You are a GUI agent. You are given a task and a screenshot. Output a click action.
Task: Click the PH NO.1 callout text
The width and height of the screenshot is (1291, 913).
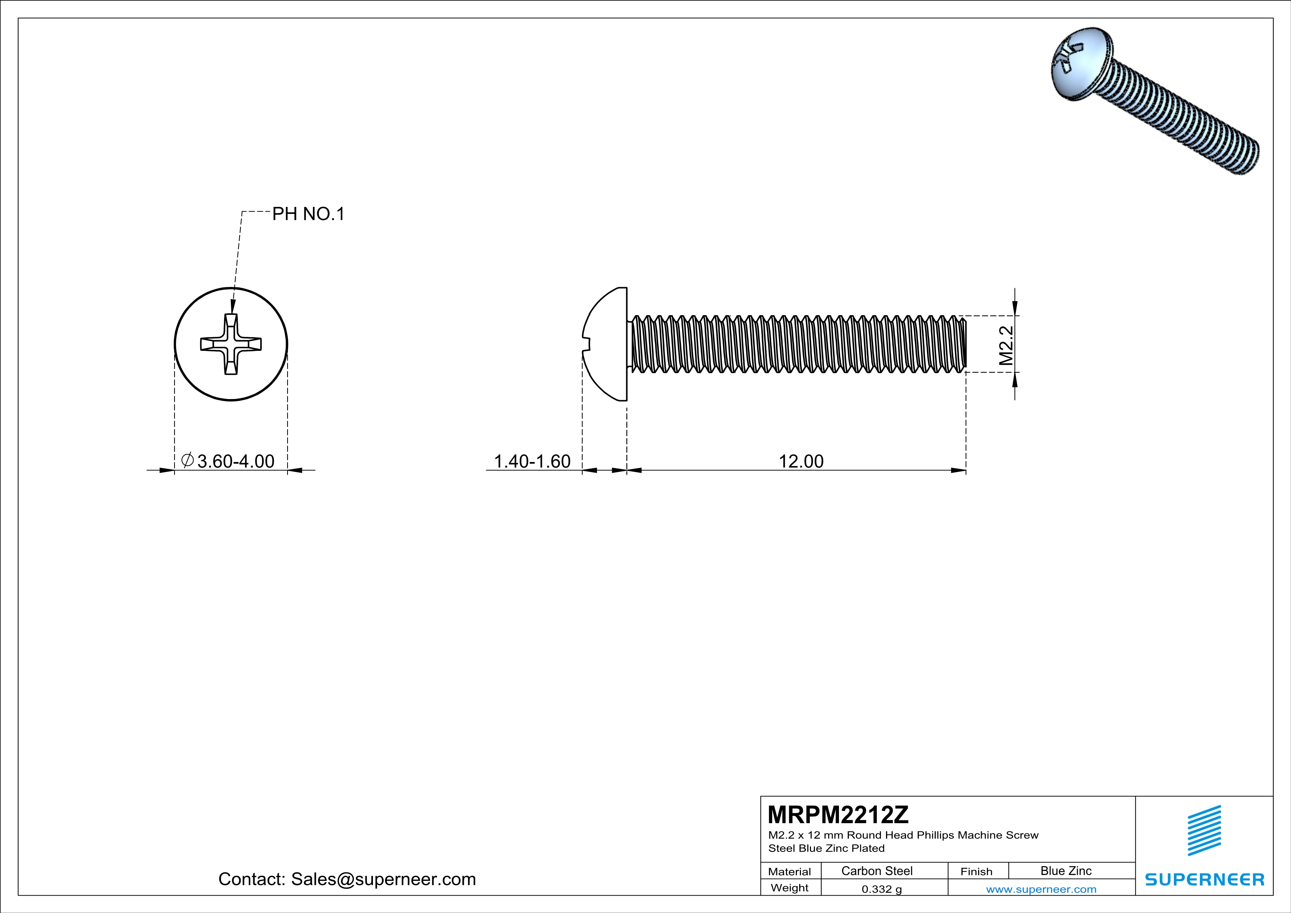308,214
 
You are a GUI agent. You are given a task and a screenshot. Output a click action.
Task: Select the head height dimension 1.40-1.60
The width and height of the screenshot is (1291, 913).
532,461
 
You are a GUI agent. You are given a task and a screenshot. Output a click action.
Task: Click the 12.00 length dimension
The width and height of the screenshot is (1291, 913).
801,461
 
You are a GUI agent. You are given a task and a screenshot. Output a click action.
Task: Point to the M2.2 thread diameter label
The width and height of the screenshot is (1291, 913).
1006,345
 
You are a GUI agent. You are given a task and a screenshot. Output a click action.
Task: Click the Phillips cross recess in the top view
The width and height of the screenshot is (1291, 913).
231,344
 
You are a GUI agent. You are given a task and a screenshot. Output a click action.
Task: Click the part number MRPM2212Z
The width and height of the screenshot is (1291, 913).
838,814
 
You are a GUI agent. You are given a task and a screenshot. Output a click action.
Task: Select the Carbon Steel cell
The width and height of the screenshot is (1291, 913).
876,871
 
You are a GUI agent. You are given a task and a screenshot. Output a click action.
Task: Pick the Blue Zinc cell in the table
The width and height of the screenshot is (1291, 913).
1065,871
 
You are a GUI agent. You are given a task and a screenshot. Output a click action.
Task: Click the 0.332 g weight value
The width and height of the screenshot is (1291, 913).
882,889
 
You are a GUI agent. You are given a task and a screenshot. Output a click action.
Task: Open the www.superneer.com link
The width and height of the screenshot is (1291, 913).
1041,889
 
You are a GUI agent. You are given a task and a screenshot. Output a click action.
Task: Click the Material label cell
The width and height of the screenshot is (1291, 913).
790,871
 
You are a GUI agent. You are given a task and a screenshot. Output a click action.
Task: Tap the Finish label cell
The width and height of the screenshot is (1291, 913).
976,871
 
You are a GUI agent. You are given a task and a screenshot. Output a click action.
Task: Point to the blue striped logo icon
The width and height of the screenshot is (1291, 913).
1204,831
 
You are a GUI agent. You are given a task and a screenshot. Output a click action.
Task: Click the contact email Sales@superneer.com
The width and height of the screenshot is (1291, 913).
383,879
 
